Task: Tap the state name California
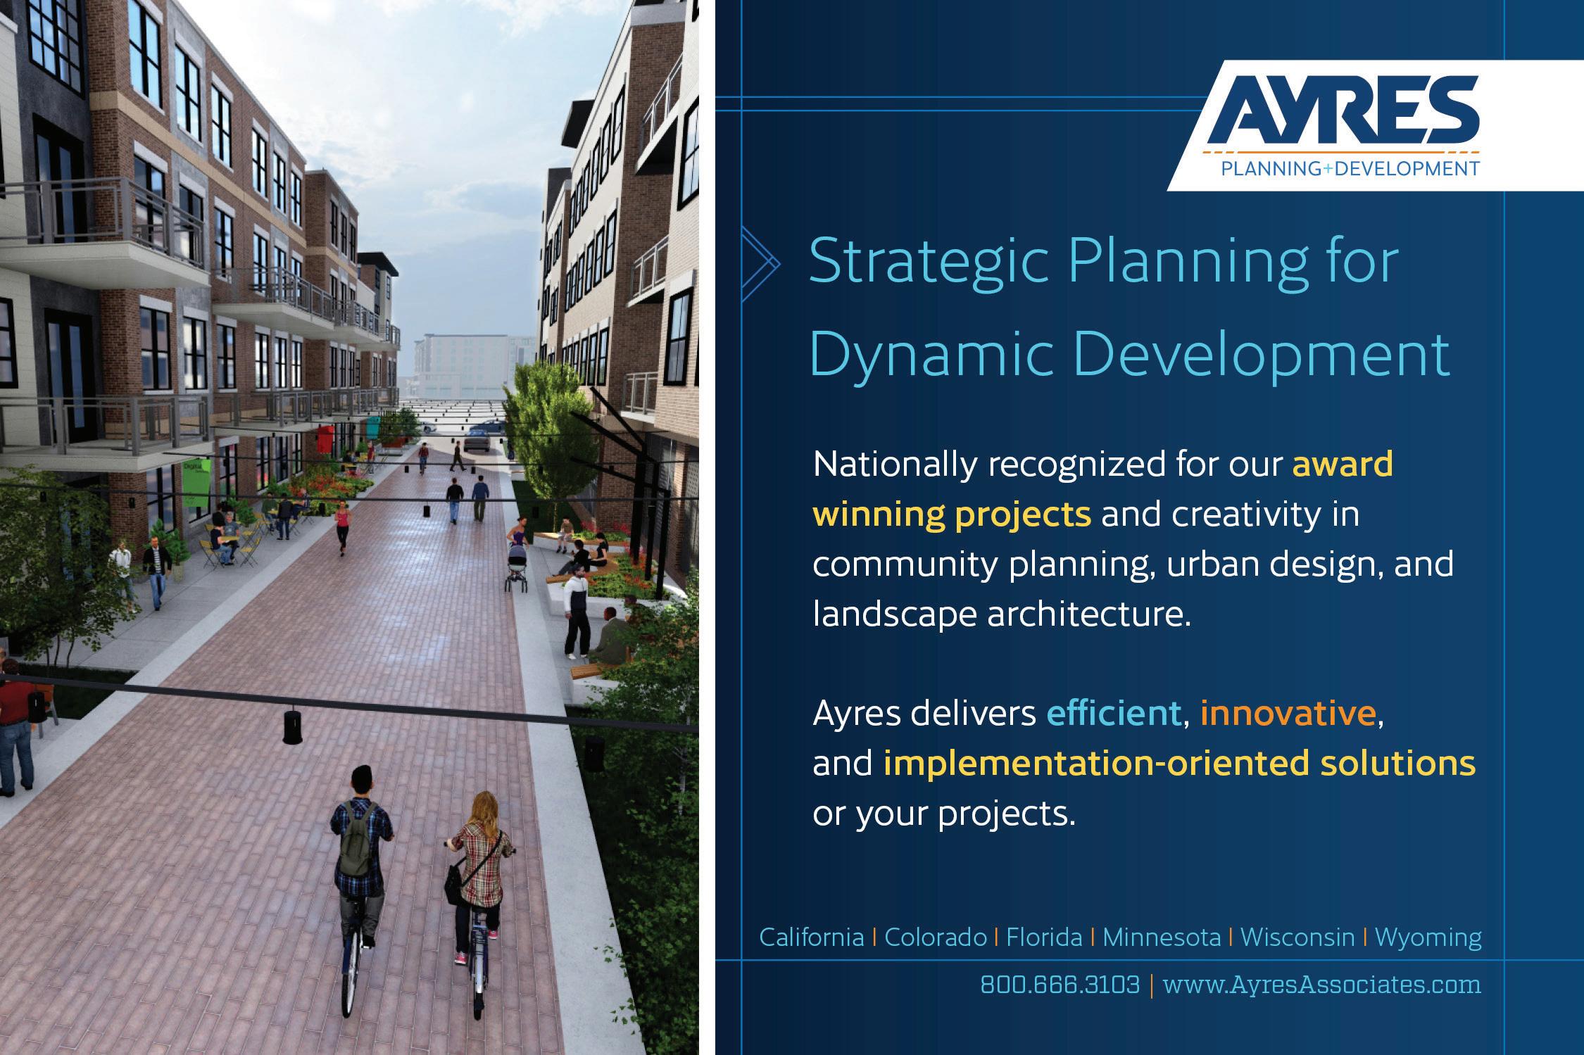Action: [811, 937]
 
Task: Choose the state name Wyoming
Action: [1428, 938]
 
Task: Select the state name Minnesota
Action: [1162, 937]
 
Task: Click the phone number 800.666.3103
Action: [1060, 984]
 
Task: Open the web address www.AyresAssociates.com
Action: [1321, 984]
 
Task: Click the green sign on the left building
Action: [196, 483]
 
